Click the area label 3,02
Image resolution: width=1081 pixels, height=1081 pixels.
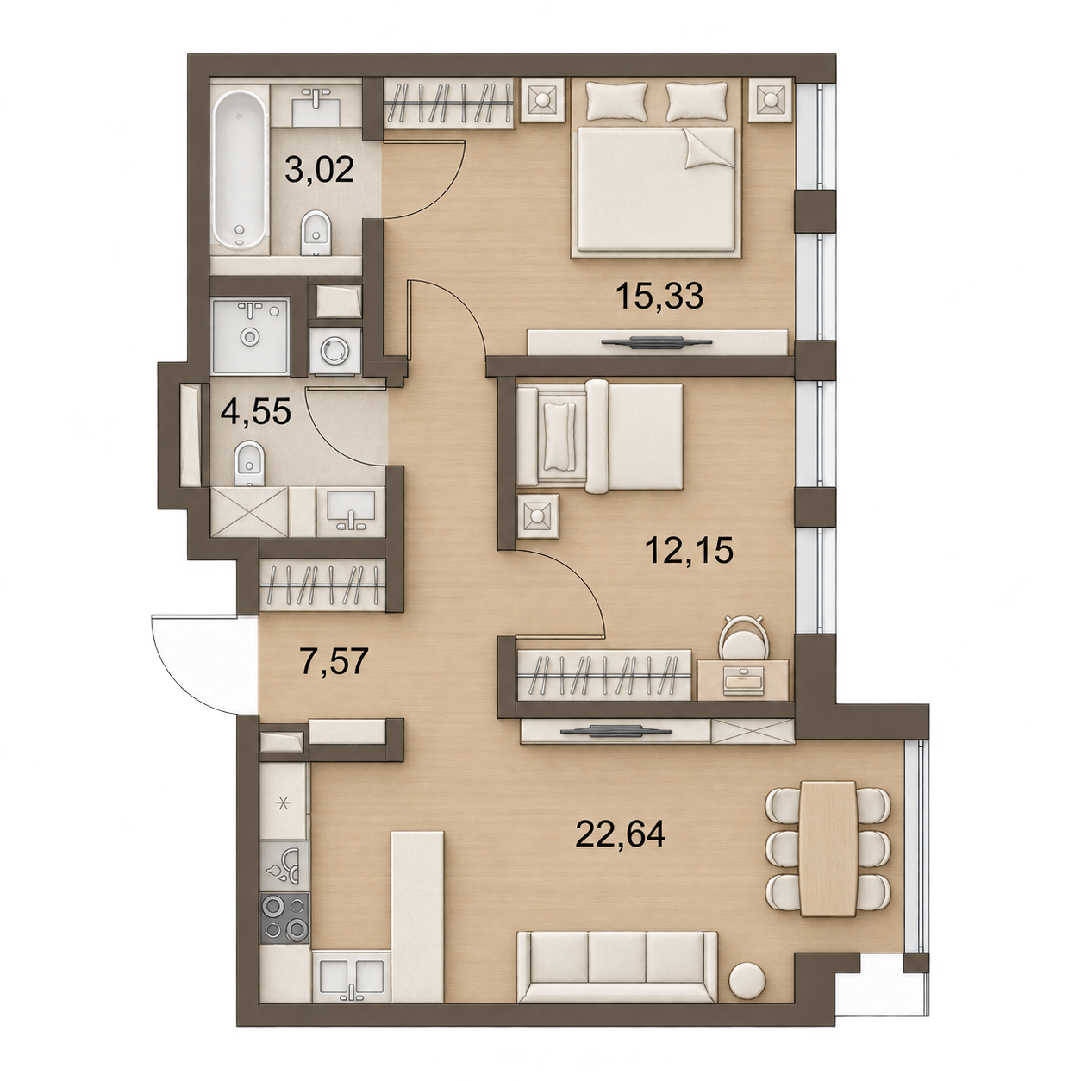coord(319,170)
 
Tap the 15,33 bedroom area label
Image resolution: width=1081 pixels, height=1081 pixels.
coord(659,296)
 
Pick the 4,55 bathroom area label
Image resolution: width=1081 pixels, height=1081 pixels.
coord(256,412)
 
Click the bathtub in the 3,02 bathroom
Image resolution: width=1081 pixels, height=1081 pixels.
coord(241,170)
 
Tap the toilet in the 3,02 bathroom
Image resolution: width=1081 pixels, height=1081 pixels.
coord(316,234)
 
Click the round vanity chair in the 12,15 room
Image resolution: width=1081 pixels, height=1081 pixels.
coord(744,639)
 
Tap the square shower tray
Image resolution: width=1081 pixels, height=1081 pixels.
coord(251,335)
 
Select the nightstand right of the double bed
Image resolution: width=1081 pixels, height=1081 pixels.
coord(771,100)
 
